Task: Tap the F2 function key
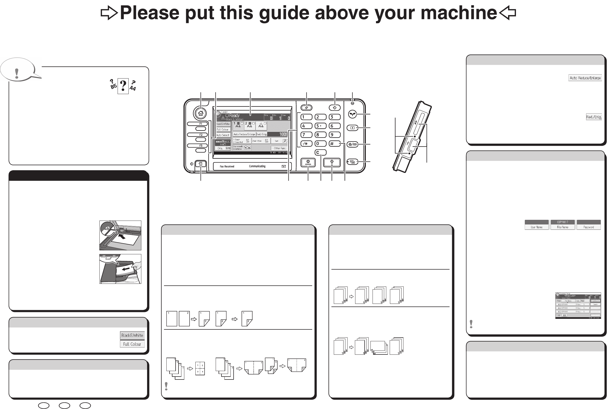(201, 135)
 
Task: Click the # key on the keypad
(335, 144)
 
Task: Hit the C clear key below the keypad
(320, 153)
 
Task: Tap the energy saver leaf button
(352, 114)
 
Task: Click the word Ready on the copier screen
(234, 115)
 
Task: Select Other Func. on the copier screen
(280, 148)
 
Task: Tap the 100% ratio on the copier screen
(283, 134)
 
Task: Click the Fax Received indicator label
(227, 167)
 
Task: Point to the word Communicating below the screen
(257, 166)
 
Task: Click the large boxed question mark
(123, 86)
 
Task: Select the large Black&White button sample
(132, 335)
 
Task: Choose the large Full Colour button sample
(132, 344)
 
